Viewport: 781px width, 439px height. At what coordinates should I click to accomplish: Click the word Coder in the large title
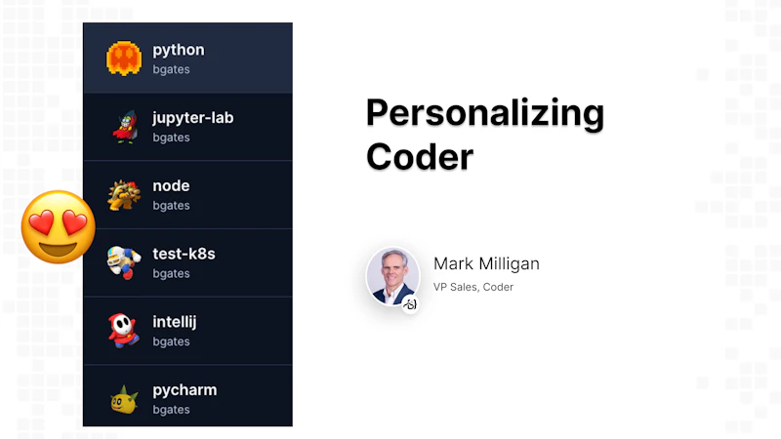[x=420, y=156]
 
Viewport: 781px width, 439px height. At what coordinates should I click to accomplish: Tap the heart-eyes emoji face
[x=59, y=226]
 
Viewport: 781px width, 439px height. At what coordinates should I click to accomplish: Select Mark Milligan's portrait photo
[x=392, y=275]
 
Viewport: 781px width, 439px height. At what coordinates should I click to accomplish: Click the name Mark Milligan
[x=486, y=263]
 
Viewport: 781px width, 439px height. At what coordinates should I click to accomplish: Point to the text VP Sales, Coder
[x=473, y=287]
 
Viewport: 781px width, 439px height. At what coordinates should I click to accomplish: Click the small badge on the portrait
[x=411, y=304]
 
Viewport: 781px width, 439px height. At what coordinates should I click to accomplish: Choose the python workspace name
[x=179, y=50]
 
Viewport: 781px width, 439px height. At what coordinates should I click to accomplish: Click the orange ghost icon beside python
[x=124, y=59]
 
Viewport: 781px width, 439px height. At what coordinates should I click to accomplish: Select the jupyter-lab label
[x=193, y=118]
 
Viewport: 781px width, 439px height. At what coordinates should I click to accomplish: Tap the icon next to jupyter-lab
[x=124, y=127]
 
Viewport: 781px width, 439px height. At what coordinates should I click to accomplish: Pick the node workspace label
[x=171, y=185]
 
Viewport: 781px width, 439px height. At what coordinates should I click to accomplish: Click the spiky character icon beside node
[x=124, y=194]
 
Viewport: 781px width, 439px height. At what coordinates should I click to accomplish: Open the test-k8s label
[x=184, y=254]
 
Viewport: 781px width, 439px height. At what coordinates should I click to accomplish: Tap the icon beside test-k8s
[x=124, y=261]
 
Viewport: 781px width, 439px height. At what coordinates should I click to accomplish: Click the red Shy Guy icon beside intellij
[x=124, y=331]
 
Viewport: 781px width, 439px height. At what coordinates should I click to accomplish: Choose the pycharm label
[x=185, y=390]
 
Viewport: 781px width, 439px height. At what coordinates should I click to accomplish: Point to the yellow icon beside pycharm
[x=124, y=398]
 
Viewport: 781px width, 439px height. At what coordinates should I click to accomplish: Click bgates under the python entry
[x=171, y=69]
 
